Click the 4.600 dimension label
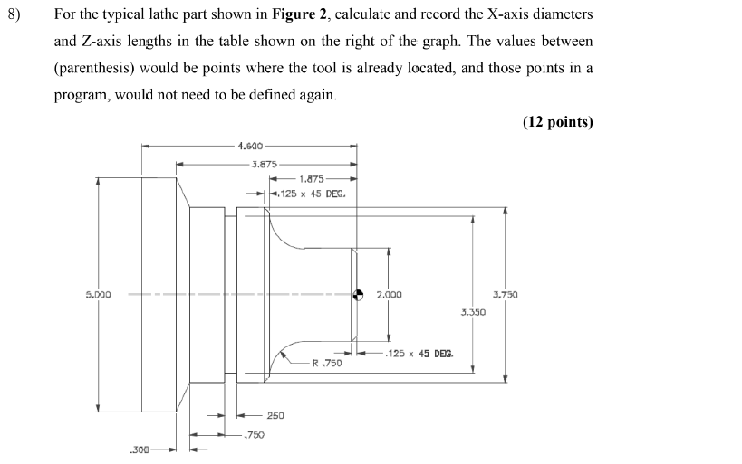click(x=250, y=146)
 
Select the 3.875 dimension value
click(x=264, y=165)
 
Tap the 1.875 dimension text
click(x=313, y=179)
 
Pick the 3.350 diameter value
click(x=473, y=312)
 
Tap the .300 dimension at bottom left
click(x=139, y=449)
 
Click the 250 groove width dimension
click(x=275, y=415)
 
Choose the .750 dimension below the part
click(x=254, y=435)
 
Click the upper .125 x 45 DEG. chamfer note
click(x=312, y=193)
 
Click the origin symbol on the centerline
click(x=359, y=295)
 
